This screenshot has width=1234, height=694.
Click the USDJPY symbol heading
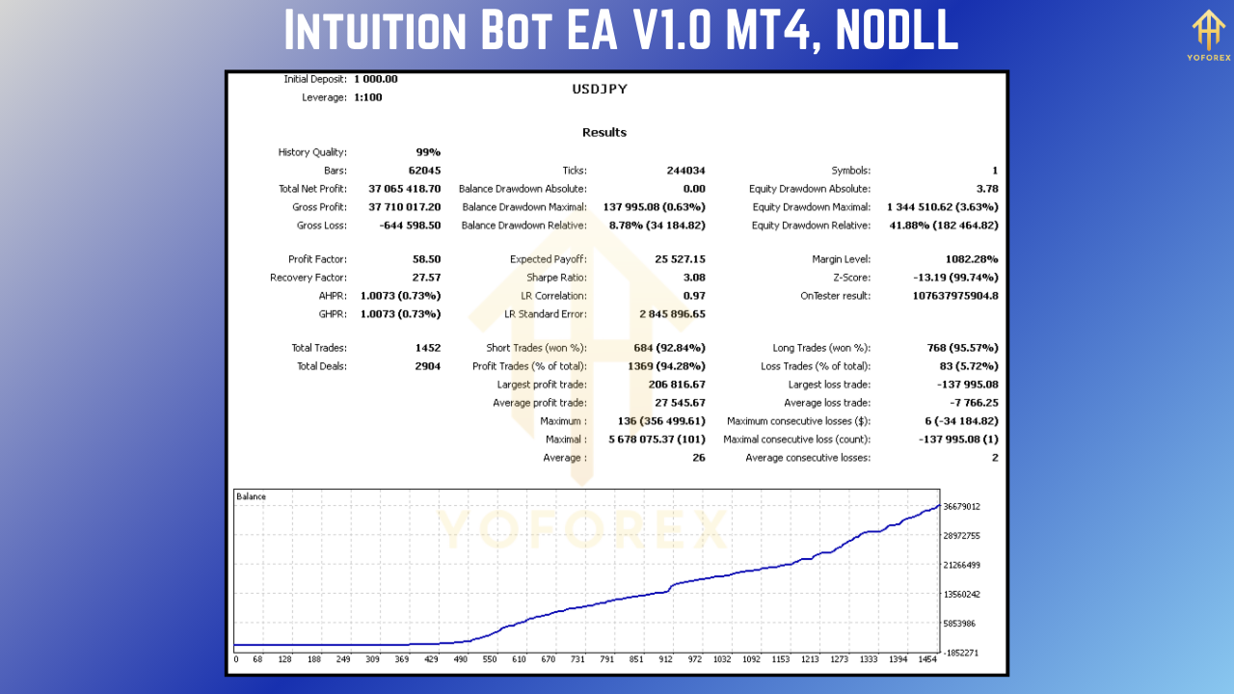tap(600, 89)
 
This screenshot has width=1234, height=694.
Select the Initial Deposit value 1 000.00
tap(376, 79)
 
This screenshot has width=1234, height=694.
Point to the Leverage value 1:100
tap(368, 97)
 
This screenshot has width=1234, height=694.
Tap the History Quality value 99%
tap(428, 152)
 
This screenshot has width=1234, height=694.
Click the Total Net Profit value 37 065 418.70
tap(405, 189)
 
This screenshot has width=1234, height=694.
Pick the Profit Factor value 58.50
tap(426, 259)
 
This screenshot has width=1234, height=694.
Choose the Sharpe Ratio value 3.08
tap(693, 278)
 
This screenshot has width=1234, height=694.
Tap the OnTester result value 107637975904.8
tap(942, 296)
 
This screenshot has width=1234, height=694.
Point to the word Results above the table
tap(604, 133)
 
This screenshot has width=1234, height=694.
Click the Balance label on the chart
tap(251, 497)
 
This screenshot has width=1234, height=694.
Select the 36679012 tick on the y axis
tap(961, 506)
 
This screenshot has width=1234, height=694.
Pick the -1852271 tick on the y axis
tap(961, 653)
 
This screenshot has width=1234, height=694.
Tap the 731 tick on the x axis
tap(577, 659)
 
